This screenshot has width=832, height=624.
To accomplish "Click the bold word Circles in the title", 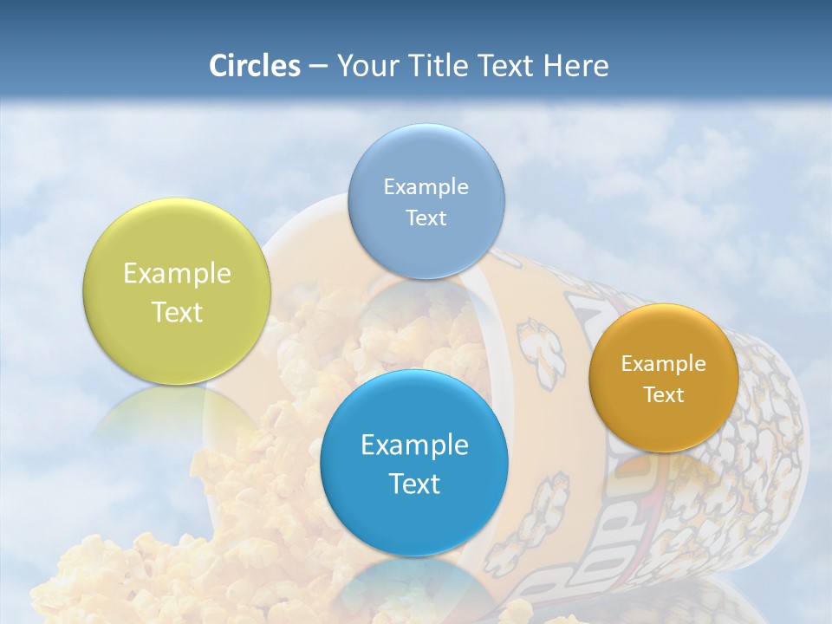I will pyautogui.click(x=254, y=66).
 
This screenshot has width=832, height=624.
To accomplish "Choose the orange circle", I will pyautogui.click(x=663, y=425).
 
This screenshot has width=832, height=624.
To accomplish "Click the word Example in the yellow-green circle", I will pyautogui.click(x=177, y=274).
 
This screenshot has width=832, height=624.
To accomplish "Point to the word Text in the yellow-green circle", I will pyautogui.click(x=177, y=312).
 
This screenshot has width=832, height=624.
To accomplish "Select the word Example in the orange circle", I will pyautogui.click(x=663, y=364).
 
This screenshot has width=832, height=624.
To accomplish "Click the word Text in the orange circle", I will pyautogui.click(x=663, y=395).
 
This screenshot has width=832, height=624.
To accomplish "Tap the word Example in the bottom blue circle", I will pyautogui.click(x=414, y=445).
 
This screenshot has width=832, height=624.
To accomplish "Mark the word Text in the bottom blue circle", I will pyautogui.click(x=414, y=484).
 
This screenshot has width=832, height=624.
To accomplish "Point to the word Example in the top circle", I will pyautogui.click(x=426, y=187).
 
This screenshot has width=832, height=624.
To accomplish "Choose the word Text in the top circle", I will pyautogui.click(x=426, y=218).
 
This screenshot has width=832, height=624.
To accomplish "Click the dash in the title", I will pyautogui.click(x=317, y=66).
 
